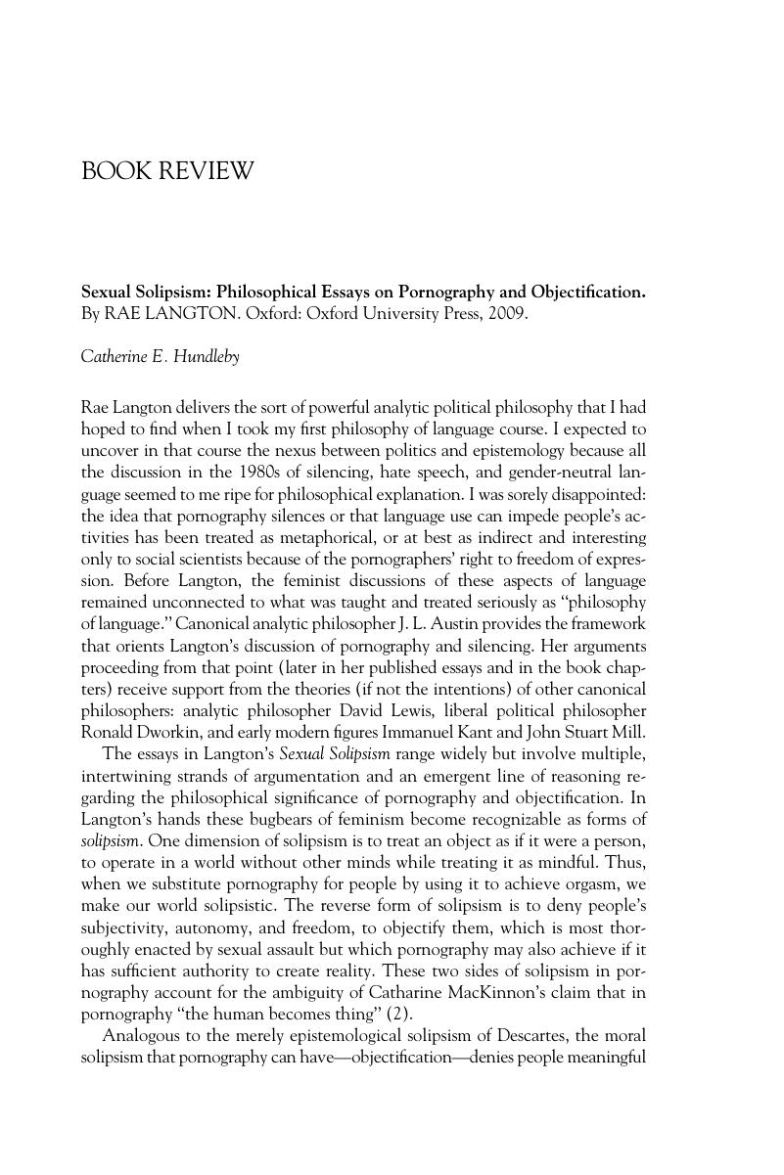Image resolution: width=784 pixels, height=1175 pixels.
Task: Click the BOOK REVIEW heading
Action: pyautogui.click(x=166, y=172)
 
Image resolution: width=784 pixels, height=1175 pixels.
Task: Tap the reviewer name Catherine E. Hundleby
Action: pyautogui.click(x=160, y=357)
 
